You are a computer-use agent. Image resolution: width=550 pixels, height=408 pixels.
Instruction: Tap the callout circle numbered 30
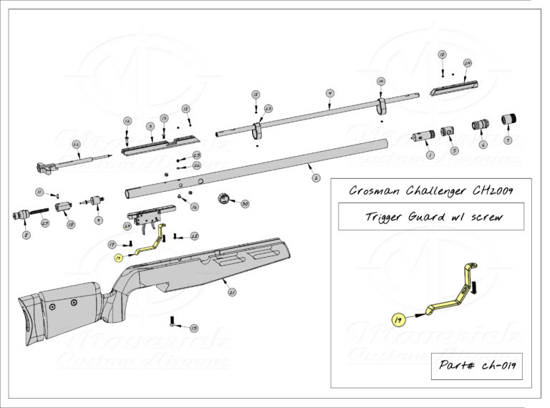coord(245,204)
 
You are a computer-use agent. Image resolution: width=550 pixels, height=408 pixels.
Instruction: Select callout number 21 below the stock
coord(231,292)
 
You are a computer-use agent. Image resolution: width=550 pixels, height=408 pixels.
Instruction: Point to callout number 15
coord(194,327)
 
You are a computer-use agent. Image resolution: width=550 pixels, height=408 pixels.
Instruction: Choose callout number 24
coord(468,63)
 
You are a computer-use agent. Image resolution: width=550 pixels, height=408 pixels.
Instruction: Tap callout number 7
coord(508,140)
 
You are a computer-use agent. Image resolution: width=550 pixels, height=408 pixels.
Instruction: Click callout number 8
coord(26,234)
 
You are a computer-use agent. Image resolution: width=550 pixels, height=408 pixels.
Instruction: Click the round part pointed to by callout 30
coord(223,197)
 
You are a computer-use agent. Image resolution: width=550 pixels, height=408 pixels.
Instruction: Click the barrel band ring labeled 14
coord(381,107)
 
